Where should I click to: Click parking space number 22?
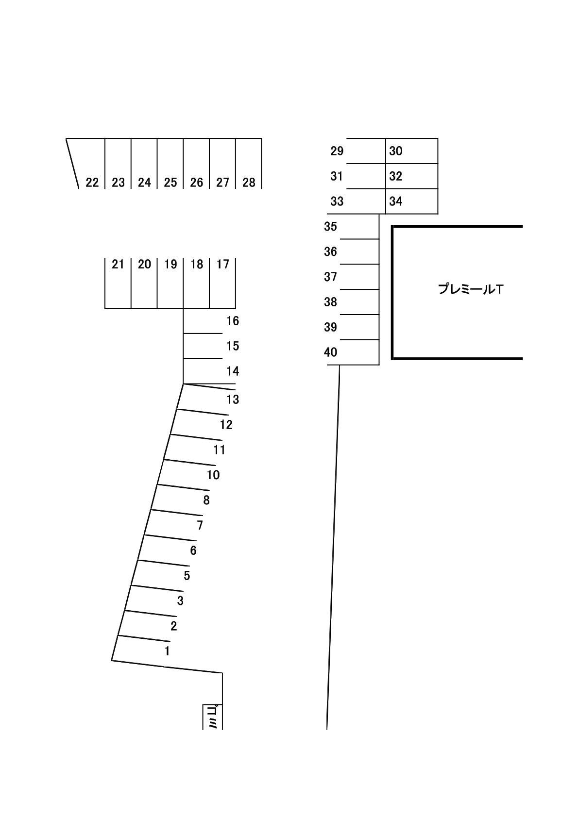(92, 183)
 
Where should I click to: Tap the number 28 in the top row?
(249, 183)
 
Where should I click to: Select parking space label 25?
(170, 183)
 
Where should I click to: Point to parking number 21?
(118, 264)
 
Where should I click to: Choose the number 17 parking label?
(222, 264)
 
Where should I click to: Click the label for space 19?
(170, 264)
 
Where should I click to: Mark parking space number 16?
(233, 321)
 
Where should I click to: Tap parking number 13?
(233, 400)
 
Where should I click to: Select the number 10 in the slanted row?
(213, 475)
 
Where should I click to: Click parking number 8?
(206, 500)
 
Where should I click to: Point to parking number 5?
(187, 576)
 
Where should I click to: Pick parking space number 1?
(167, 651)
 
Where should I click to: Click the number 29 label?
(337, 151)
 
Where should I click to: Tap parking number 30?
(395, 151)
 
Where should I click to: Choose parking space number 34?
(395, 201)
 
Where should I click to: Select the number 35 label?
(330, 227)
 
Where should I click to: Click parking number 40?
(330, 352)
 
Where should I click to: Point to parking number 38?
(330, 302)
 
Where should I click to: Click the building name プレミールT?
(471, 289)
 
